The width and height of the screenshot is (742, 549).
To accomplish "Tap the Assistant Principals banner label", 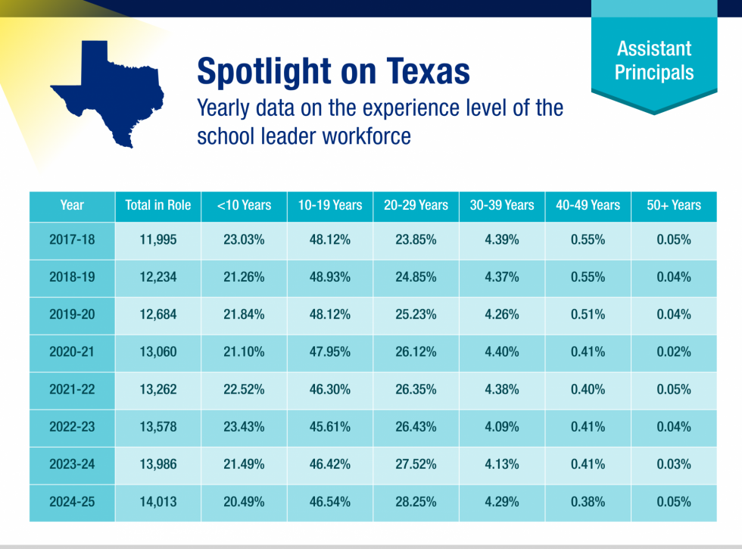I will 653,61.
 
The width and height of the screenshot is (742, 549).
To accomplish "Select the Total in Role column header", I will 158,205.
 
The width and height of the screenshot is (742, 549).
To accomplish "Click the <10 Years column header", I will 244,205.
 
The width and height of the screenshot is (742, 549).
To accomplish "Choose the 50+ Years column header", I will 674,205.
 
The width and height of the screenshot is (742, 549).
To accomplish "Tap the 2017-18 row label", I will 72,240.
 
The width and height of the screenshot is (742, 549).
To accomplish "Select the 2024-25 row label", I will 72,502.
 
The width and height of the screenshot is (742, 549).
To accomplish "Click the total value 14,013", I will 158,502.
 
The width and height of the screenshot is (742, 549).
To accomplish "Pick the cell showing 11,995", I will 158,240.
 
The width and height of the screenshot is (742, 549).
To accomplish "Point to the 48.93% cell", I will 330,277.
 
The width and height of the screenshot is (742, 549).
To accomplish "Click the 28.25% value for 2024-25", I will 416,502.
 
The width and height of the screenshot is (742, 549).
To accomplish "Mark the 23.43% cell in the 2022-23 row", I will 244,427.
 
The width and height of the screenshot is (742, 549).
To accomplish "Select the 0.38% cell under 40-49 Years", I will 588,502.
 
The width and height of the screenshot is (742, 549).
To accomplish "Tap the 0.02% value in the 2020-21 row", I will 674,352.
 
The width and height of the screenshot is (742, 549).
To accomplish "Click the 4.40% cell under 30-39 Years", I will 502,352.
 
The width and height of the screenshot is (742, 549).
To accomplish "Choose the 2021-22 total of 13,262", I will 158,389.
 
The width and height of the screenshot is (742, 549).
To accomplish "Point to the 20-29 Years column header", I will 416,205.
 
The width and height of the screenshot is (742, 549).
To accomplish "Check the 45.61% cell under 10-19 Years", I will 330,427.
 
